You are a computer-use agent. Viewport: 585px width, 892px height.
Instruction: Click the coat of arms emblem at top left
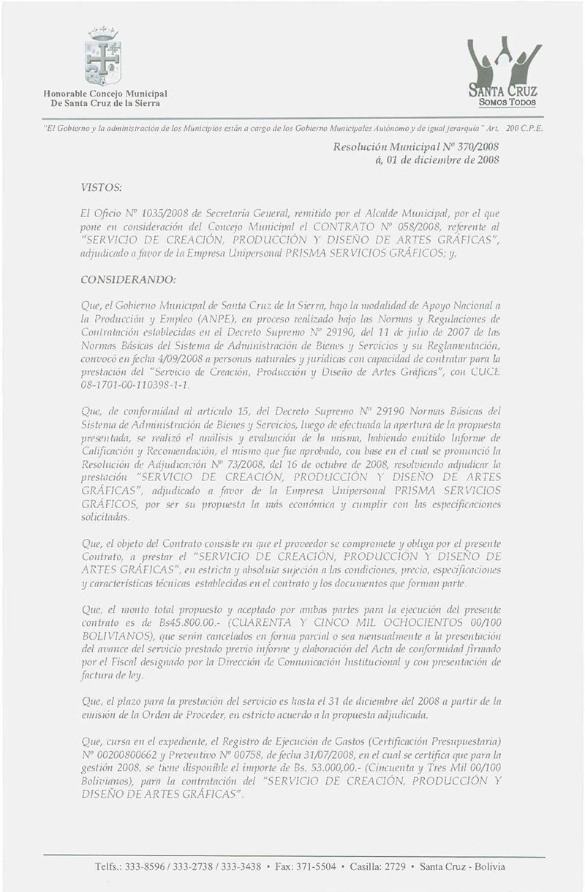pyautogui.click(x=103, y=54)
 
